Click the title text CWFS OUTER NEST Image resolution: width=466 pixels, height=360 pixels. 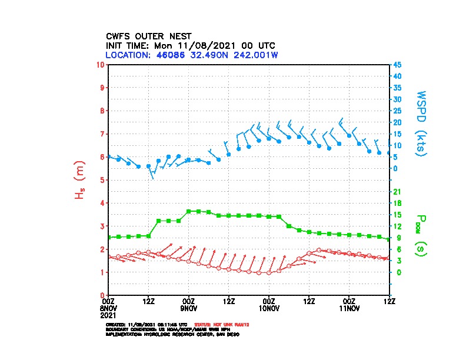[148, 36]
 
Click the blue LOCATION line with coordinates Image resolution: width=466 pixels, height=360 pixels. [191, 55]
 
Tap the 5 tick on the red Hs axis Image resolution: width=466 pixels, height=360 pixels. [102, 180]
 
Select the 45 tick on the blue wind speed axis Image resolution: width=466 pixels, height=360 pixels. [398, 65]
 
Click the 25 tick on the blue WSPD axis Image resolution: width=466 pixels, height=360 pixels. [398, 111]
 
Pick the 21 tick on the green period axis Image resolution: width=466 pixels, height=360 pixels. [397, 192]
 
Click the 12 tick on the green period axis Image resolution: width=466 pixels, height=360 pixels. [397, 226]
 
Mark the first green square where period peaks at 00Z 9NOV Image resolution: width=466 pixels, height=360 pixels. [188, 211]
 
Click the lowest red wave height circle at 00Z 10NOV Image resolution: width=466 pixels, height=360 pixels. [269, 273]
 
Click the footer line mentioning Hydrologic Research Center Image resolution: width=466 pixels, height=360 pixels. [172, 334]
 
